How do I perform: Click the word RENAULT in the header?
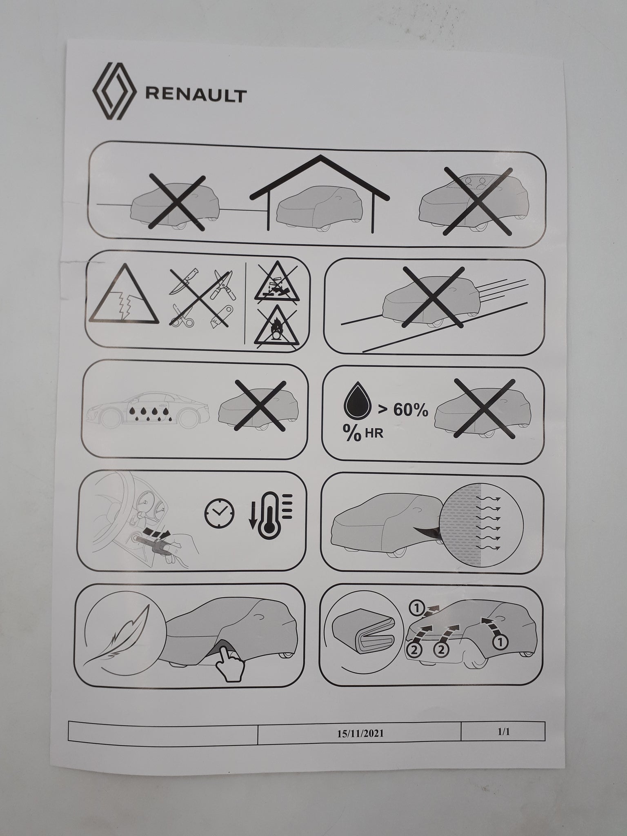196,95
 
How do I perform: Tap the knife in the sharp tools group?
183,280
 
